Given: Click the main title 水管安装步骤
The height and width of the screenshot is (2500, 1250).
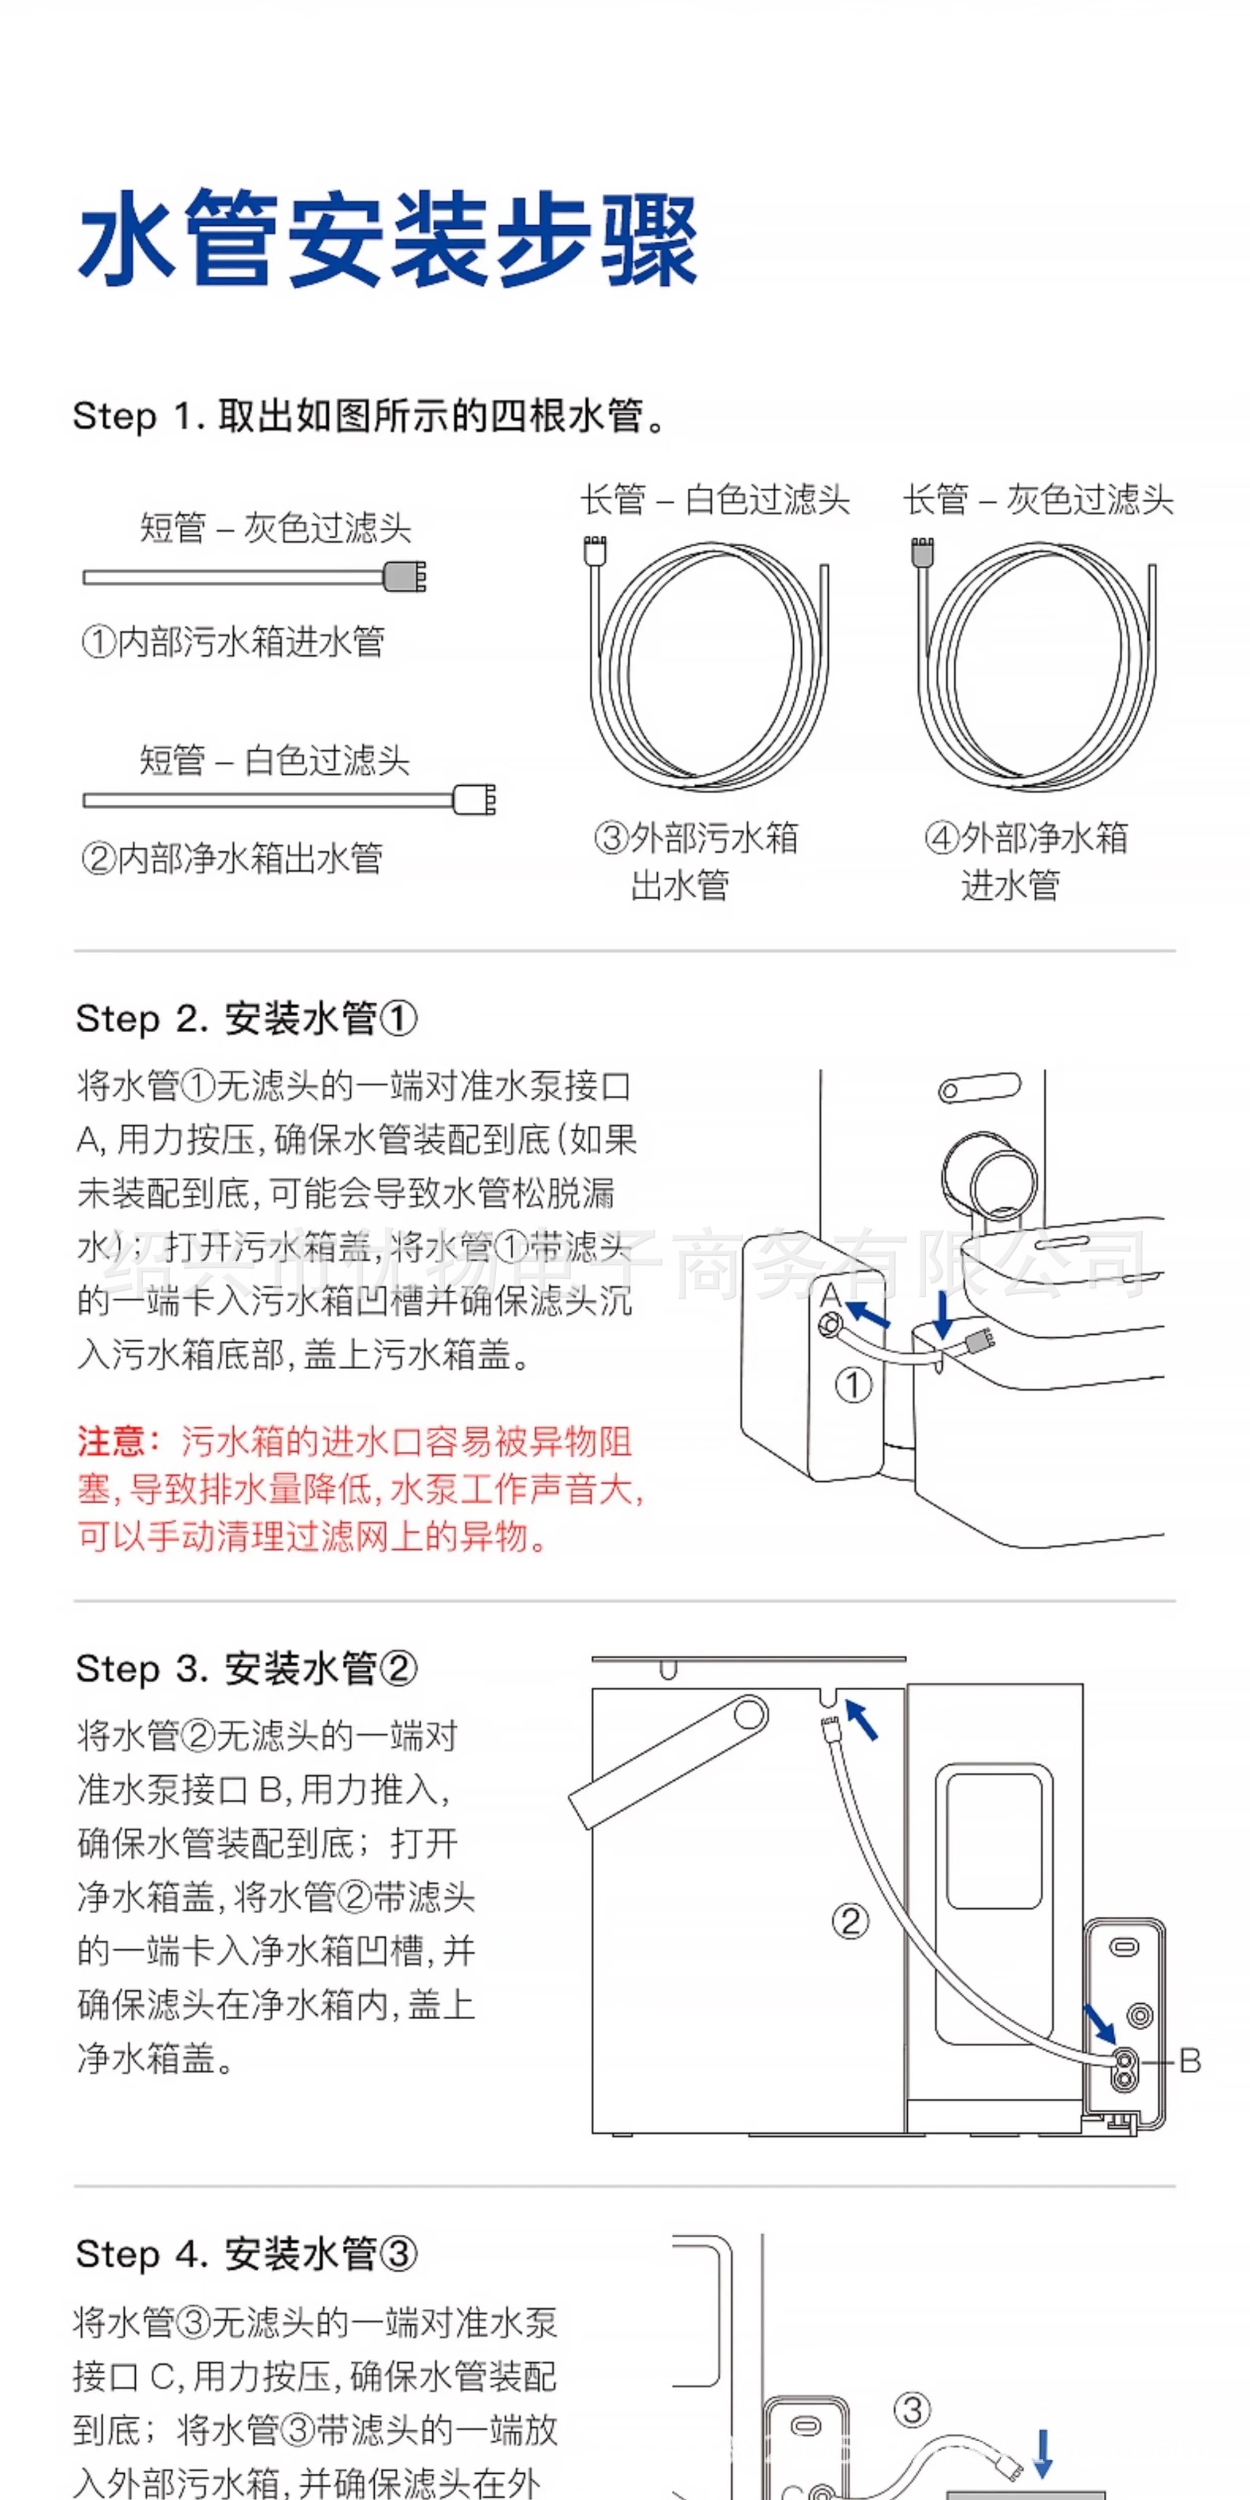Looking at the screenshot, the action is (x=388, y=239).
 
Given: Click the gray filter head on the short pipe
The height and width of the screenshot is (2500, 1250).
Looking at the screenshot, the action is (x=405, y=577).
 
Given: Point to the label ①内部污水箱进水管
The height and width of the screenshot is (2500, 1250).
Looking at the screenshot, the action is (x=233, y=641).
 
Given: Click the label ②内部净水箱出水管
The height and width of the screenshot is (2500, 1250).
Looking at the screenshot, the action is (x=233, y=858).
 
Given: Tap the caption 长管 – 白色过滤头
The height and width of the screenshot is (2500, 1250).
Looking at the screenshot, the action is (x=715, y=500).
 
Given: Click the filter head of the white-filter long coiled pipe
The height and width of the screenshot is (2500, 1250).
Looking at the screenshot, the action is (x=594, y=549).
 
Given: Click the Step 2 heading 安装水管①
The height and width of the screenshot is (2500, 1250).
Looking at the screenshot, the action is (x=248, y=1019).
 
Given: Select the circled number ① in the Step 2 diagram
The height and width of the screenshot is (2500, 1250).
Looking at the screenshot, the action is (x=854, y=1385).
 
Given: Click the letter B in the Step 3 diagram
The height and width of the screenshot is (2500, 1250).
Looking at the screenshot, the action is (x=1190, y=2061).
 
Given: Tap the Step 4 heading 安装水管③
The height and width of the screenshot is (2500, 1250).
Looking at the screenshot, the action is (x=248, y=2254).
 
